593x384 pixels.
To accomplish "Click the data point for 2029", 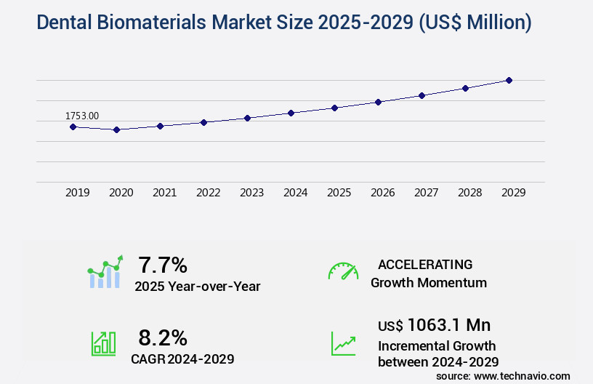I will pyautogui.click(x=509, y=80).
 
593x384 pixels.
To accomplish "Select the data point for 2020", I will pyautogui.click(x=116, y=129).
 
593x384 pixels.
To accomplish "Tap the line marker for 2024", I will pyautogui.click(x=291, y=113).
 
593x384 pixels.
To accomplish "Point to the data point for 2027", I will pyautogui.click(x=421, y=95).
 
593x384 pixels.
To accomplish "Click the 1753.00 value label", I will pyautogui.click(x=82, y=116).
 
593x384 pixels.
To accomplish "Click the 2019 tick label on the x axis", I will pyautogui.click(x=78, y=193).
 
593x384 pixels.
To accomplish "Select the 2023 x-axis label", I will pyautogui.click(x=252, y=193).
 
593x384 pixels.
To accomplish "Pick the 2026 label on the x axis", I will pyautogui.click(x=383, y=193).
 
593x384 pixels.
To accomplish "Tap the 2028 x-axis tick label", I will pyautogui.click(x=470, y=193).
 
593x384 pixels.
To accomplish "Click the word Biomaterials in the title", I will pyautogui.click(x=153, y=23).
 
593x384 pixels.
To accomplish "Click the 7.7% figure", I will pyautogui.click(x=164, y=264).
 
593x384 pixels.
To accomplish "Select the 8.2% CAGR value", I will pyautogui.click(x=163, y=337).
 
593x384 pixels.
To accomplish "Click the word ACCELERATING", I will pyautogui.click(x=425, y=264).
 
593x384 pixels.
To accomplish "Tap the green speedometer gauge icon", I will pyautogui.click(x=343, y=271).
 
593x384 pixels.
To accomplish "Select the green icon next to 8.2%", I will pyautogui.click(x=103, y=343).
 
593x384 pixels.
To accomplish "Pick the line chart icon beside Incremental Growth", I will pyautogui.click(x=343, y=343).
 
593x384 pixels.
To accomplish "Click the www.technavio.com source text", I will pyautogui.click(x=523, y=375).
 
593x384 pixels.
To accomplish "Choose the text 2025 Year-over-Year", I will pyautogui.click(x=197, y=287).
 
